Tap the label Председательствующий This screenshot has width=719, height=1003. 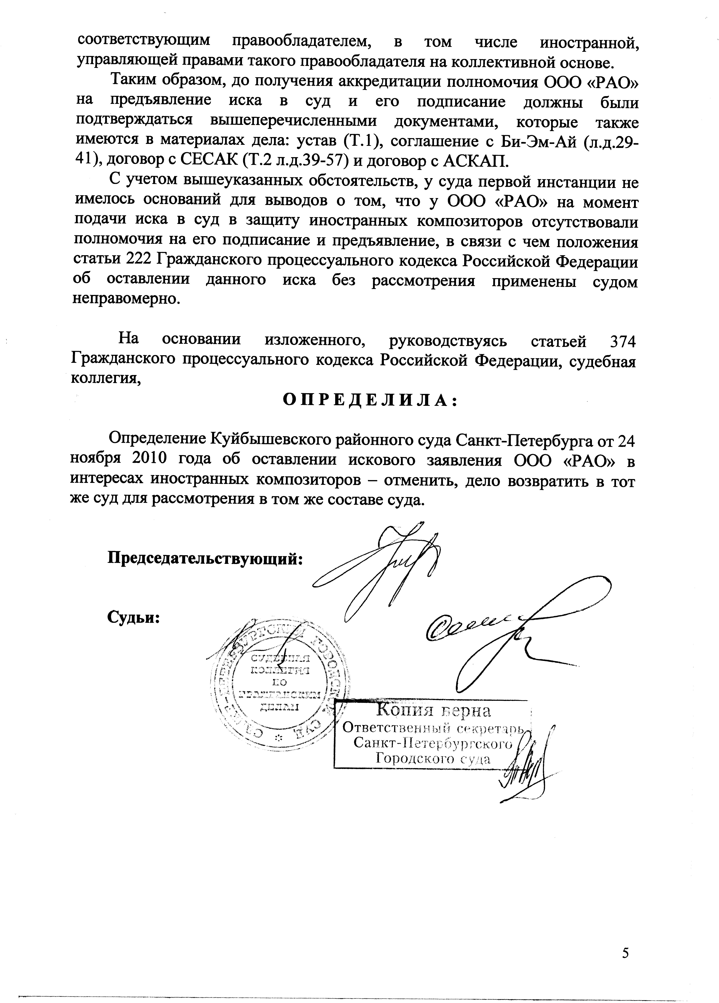pyautogui.click(x=206, y=559)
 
